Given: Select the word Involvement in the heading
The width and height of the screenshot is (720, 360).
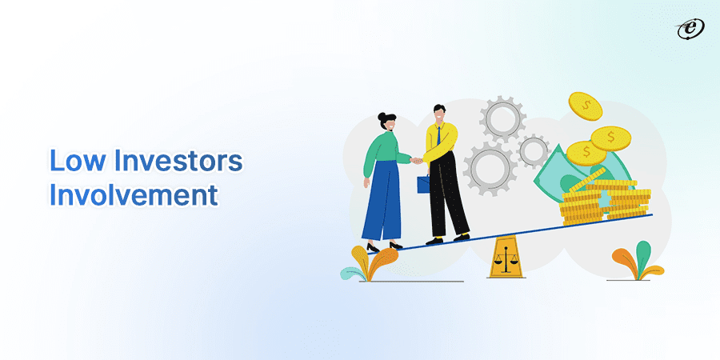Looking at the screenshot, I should click(134, 195).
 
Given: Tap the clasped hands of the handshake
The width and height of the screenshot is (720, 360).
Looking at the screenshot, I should click(416, 161).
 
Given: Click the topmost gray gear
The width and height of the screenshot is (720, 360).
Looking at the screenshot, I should click(502, 118).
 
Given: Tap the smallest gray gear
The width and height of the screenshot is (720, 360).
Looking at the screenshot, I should click(533, 150).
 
